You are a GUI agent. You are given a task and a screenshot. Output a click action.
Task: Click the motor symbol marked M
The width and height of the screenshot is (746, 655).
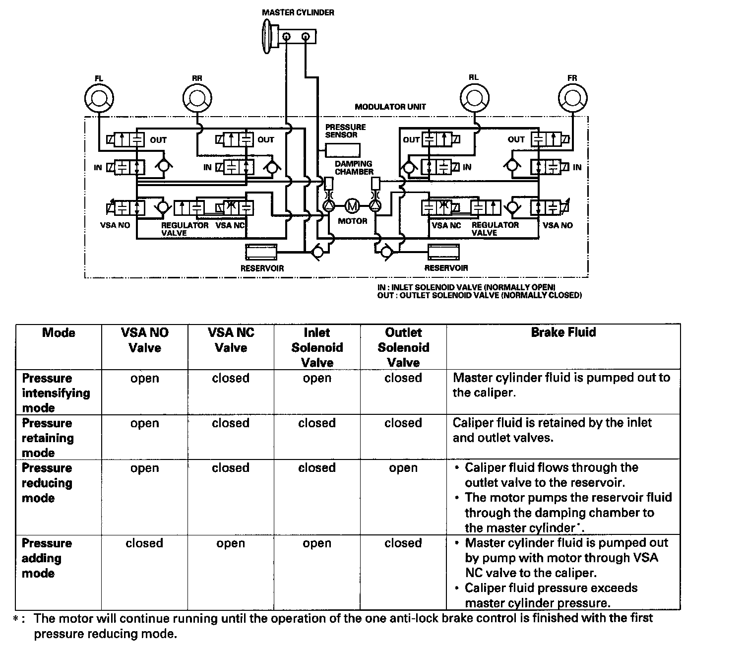pos(352,205)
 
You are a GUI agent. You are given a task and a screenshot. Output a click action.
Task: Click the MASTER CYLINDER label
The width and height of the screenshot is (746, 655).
pos(298,12)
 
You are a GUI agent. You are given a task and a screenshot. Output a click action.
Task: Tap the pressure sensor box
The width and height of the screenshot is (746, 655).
pos(343,149)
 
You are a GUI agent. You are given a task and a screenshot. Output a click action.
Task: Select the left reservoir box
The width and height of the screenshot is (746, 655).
pos(261,252)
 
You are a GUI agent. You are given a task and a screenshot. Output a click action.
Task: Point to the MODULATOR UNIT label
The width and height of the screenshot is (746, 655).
pos(390,107)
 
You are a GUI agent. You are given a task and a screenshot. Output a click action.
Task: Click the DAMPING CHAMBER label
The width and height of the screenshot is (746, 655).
pos(354,168)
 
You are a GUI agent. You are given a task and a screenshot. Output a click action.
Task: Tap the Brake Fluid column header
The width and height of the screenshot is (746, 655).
pos(563,332)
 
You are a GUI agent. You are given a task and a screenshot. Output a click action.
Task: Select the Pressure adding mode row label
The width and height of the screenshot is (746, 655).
pos(47,558)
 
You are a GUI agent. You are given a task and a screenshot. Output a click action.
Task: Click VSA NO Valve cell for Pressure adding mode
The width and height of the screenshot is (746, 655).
pos(144,543)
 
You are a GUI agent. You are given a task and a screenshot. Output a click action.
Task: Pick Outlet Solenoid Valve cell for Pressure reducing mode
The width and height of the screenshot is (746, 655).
pos(403,468)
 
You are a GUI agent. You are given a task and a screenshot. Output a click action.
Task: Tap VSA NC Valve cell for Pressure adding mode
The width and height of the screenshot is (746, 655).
pos(231,543)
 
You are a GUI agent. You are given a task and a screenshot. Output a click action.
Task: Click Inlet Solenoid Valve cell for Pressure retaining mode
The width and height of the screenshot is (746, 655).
pos(317,423)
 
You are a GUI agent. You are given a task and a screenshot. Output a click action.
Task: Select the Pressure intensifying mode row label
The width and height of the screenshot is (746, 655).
pos(56,393)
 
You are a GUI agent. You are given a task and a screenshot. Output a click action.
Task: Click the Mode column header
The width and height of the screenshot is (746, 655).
pos(59,332)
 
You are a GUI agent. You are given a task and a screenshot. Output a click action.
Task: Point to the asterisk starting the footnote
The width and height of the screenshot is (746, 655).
pos(16,619)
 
